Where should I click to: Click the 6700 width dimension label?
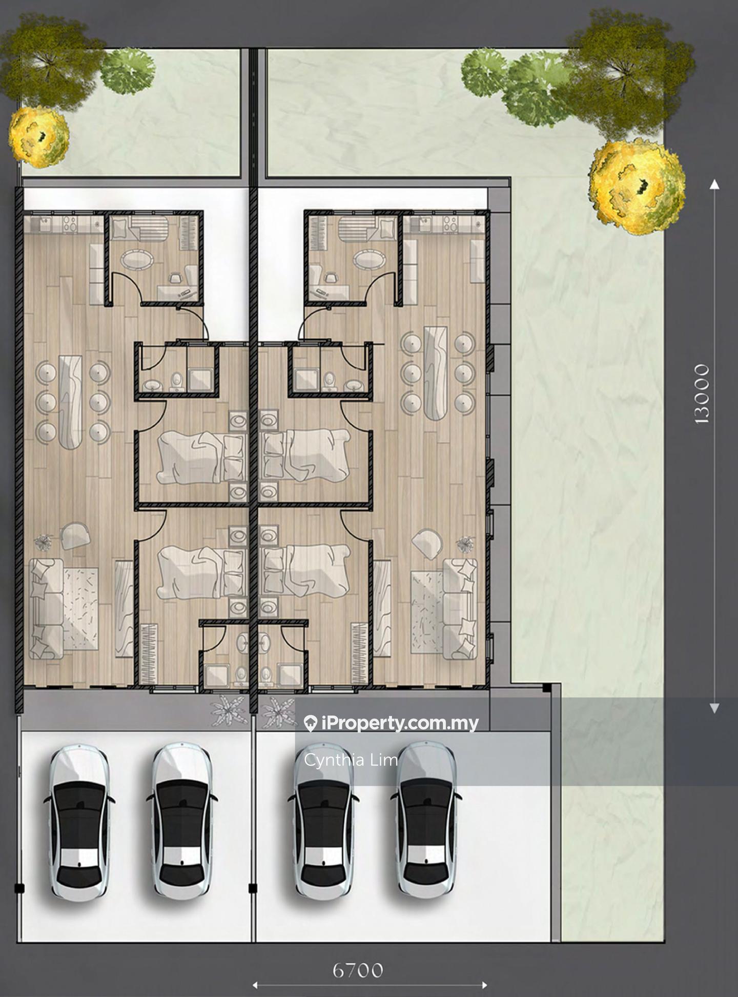(357, 970)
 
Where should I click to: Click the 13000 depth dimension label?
(702, 394)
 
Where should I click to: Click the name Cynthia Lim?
(351, 760)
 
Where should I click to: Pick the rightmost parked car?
(426, 821)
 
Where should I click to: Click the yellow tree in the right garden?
(637, 187)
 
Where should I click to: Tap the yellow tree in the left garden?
(39, 137)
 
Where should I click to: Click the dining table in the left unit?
(70, 402)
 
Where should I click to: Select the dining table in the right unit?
(436, 373)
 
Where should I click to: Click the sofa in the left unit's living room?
(46, 609)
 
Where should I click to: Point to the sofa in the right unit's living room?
(460, 609)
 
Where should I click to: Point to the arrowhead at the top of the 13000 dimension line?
(714, 185)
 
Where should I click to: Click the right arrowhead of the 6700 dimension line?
(484, 985)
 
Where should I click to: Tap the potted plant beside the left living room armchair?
(43, 542)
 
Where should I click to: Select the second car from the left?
(182, 822)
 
